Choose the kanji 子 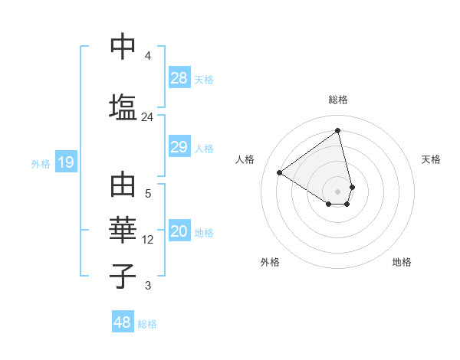pos(123,275)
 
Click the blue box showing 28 pos(179,78)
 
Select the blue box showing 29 pos(179,147)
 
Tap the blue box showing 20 pos(179,232)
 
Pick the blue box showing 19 pos(65,162)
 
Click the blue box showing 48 pos(123,322)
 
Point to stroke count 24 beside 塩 pos(147,117)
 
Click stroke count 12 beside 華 pos(148,240)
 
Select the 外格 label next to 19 pos(40,163)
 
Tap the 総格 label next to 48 pos(147,324)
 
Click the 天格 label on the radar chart pos(431,159)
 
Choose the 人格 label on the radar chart pos(245,159)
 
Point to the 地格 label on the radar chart pos(402,262)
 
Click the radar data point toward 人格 pos(280,172)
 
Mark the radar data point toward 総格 pos(338,131)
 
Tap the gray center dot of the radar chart pos(338,191)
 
